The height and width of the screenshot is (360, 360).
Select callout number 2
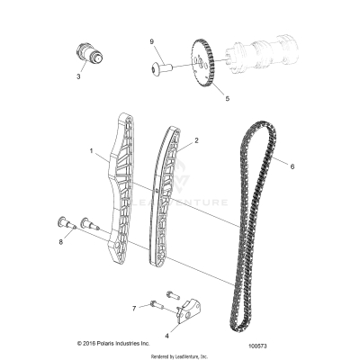pyautogui.click(x=195, y=141)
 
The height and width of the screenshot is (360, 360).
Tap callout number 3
pyautogui.click(x=78, y=77)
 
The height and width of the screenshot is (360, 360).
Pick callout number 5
pyautogui.click(x=228, y=97)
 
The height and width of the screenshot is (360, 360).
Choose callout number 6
pyautogui.click(x=292, y=165)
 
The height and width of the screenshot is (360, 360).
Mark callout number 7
pyautogui.click(x=134, y=308)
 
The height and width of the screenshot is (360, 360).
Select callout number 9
pyautogui.click(x=152, y=42)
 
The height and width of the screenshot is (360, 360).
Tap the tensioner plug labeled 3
pyautogui.click(x=88, y=53)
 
